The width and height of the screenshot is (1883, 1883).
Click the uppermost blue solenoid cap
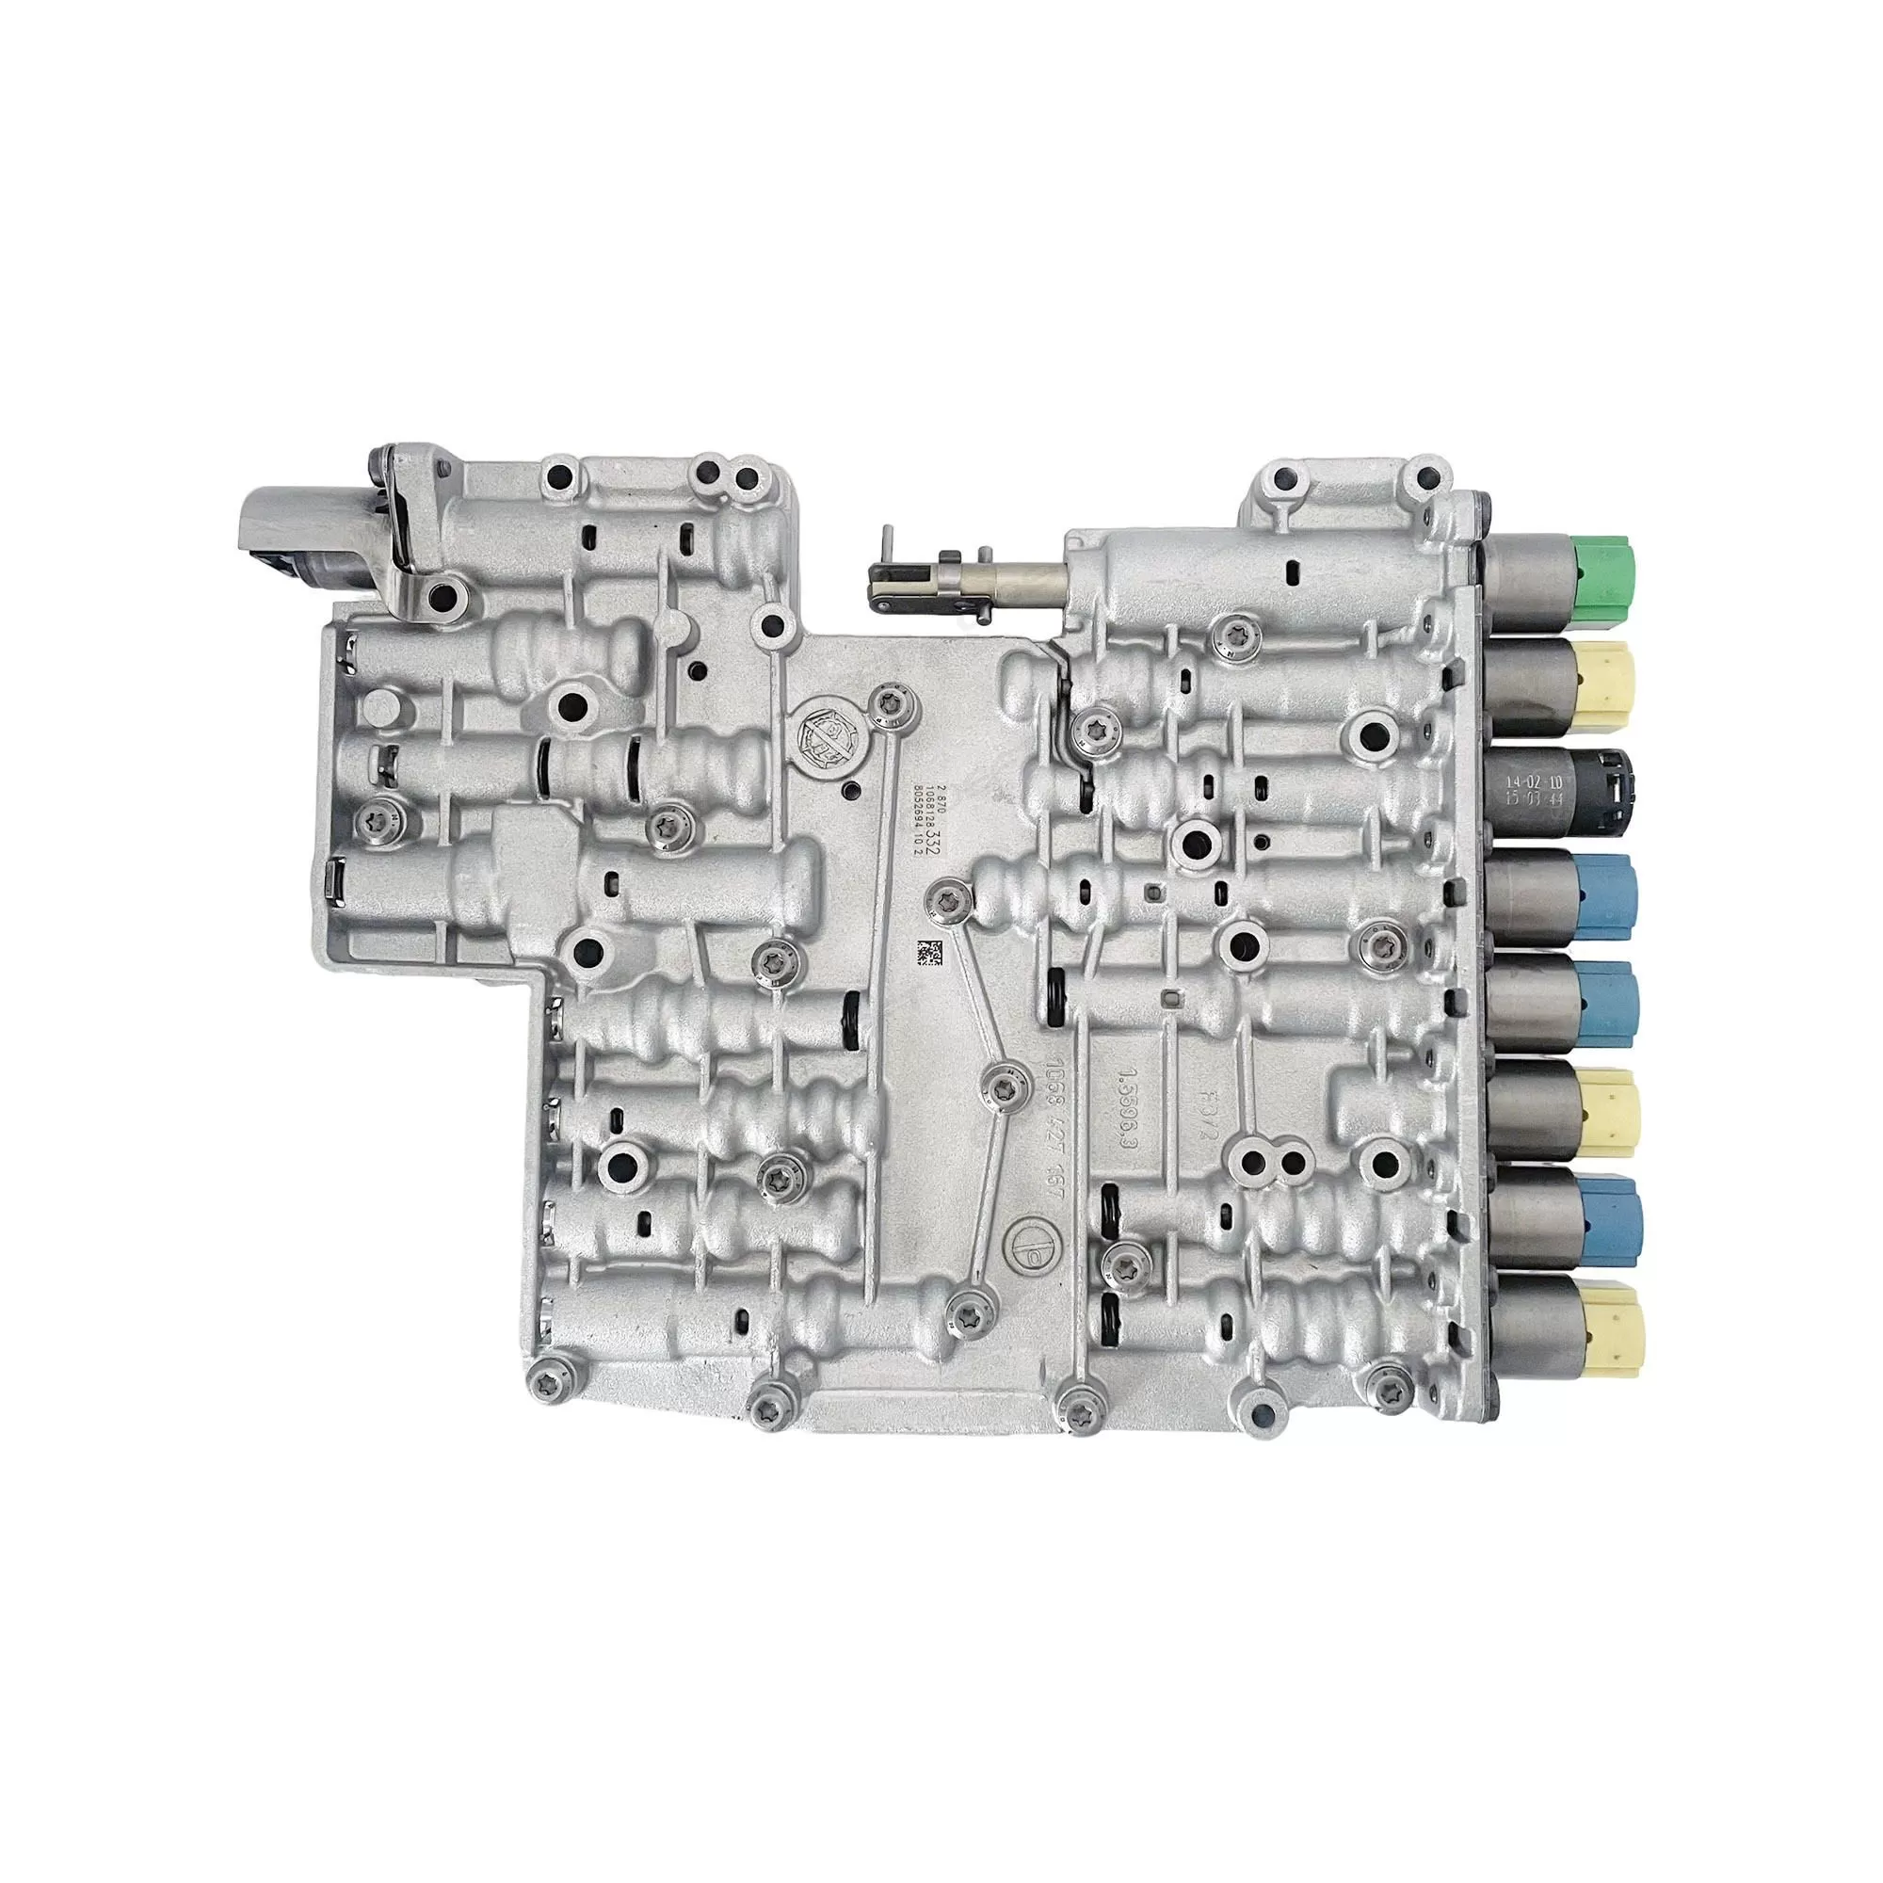[x=1610, y=893]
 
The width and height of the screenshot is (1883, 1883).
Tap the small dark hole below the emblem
[x=854, y=793]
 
